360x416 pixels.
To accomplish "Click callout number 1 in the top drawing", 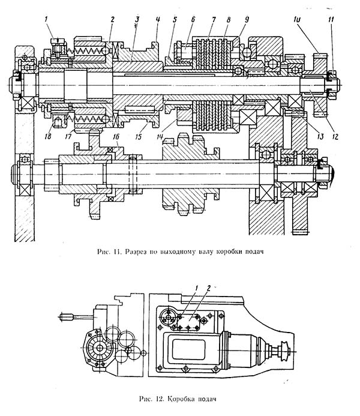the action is (x=46, y=19).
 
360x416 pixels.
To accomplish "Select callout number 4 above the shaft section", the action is (x=158, y=19).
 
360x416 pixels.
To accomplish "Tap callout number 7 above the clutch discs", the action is (x=214, y=20).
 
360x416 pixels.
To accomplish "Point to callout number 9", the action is (x=247, y=19).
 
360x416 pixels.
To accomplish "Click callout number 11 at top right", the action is (x=331, y=19).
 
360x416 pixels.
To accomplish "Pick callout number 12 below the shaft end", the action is (x=335, y=136).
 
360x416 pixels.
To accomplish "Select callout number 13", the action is (x=320, y=136).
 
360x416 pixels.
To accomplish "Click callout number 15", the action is (x=138, y=136).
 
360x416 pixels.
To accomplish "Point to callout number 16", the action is (x=116, y=136).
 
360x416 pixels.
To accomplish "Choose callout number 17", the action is (x=68, y=136).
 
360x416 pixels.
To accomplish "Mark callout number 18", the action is (x=48, y=136).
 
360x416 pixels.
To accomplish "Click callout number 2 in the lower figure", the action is (x=209, y=288).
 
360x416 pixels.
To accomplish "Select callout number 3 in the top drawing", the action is (x=137, y=19).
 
